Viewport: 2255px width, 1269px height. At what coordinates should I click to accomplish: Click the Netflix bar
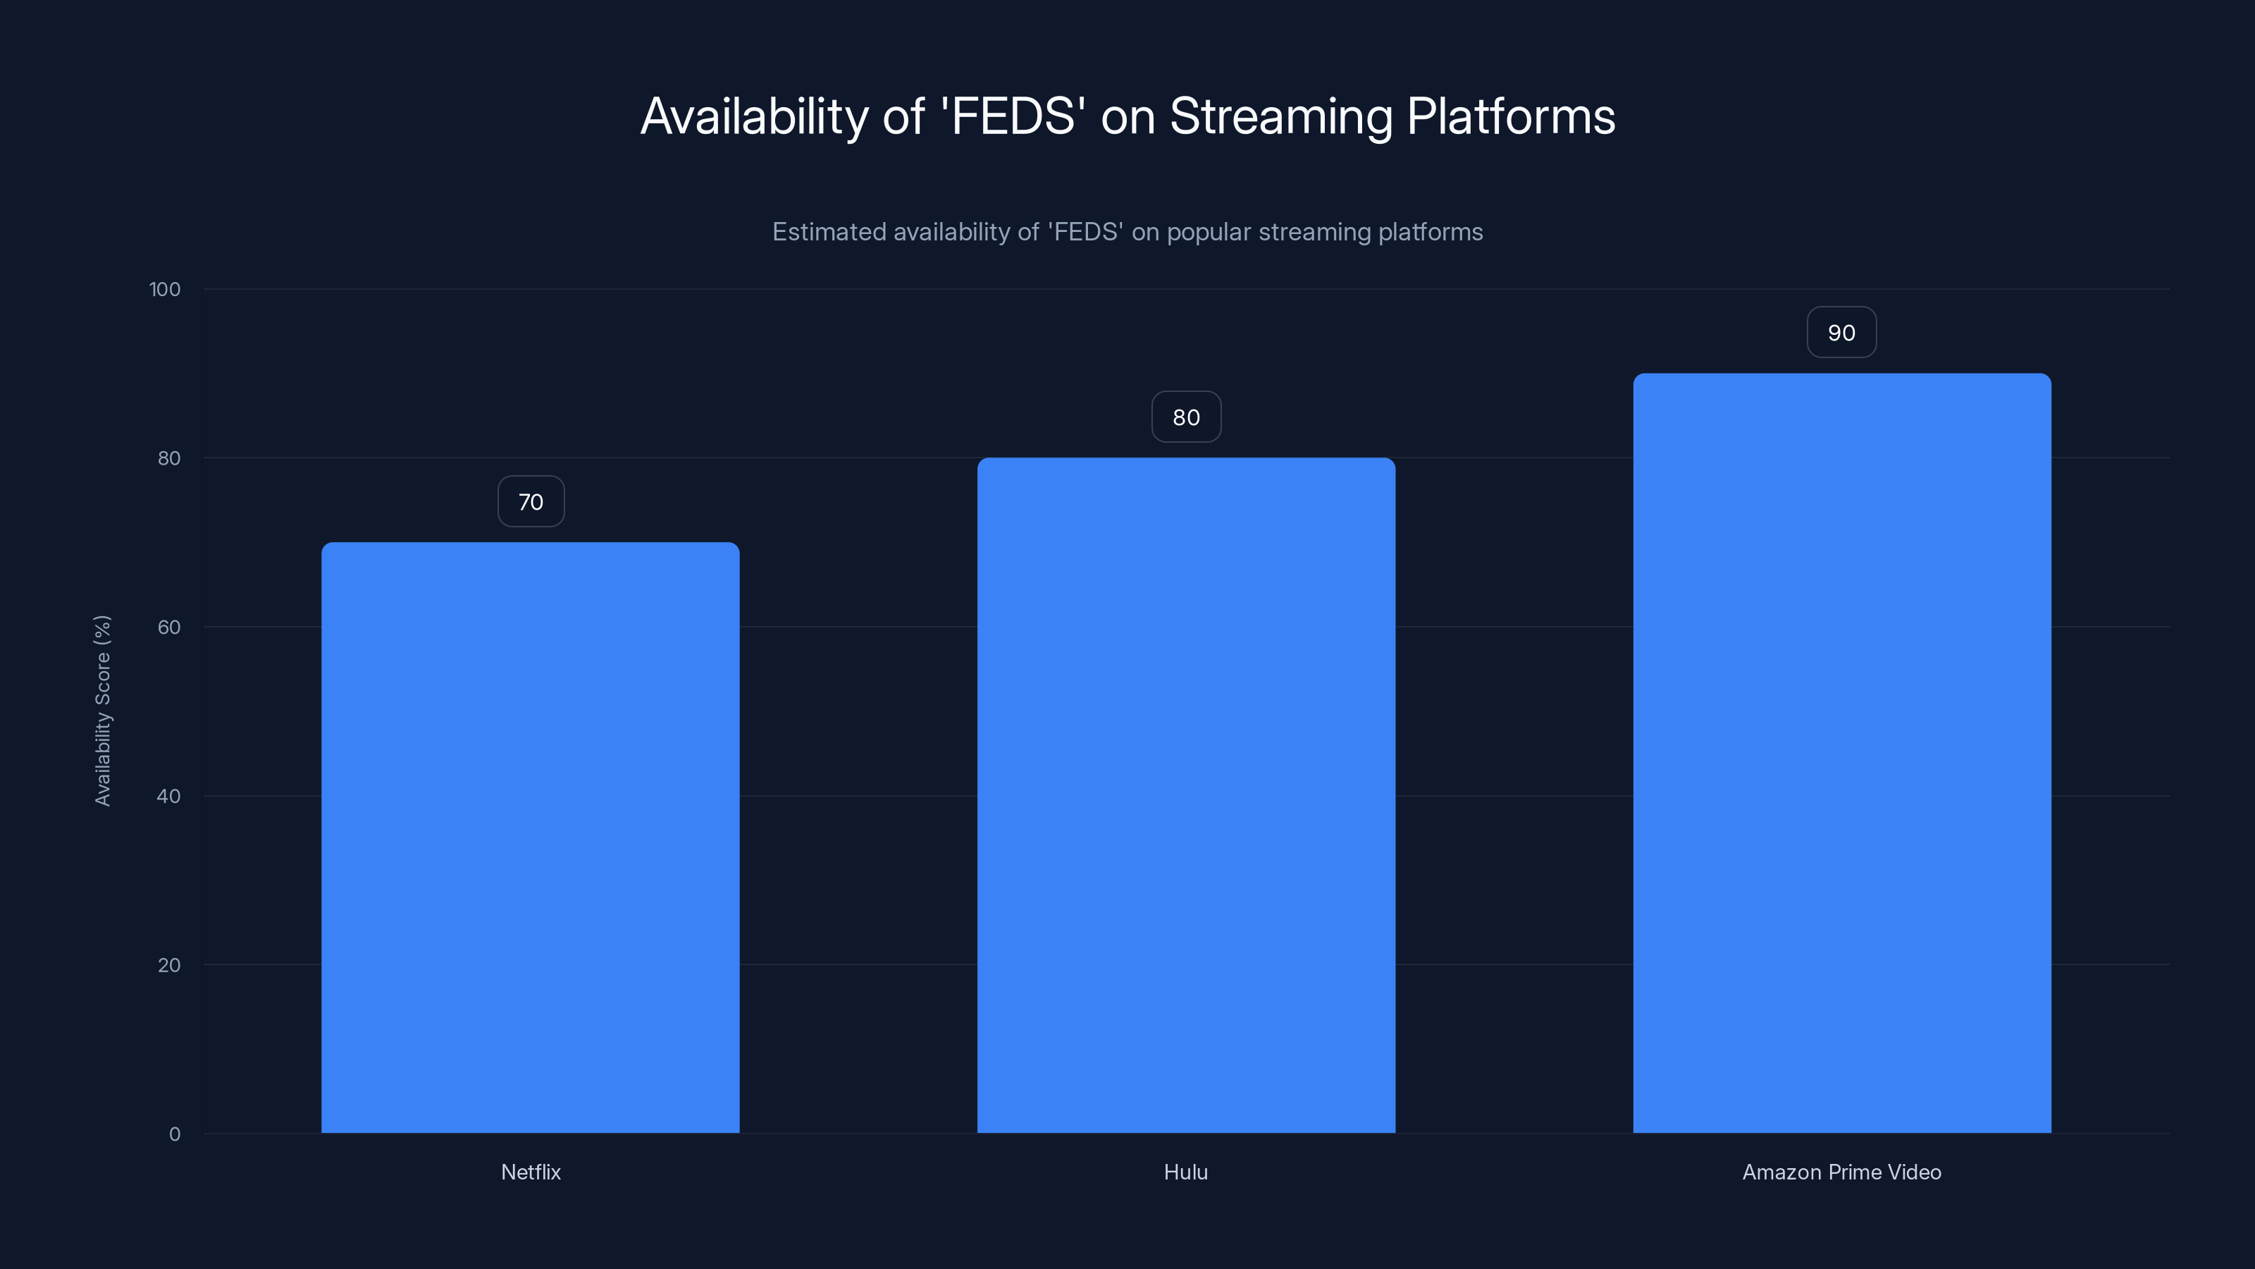[x=530, y=838]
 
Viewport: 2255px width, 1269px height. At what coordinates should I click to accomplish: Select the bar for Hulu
[x=1185, y=795]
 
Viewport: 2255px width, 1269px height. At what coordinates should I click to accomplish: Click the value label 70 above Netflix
[x=531, y=502]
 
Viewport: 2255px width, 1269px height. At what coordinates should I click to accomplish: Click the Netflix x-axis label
[x=531, y=1172]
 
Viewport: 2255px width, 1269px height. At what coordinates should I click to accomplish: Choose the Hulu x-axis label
[x=1185, y=1172]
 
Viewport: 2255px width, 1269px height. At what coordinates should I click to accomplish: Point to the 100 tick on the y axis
[x=165, y=289]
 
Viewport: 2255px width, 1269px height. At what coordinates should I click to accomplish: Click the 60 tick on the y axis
[x=169, y=627]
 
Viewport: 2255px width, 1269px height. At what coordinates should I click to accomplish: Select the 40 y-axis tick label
[x=169, y=796]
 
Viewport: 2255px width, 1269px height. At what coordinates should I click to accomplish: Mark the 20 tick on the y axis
[x=169, y=965]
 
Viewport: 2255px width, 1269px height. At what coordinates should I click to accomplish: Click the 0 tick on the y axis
[x=174, y=1134]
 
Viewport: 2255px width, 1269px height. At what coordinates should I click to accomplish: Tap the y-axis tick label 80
[x=169, y=458]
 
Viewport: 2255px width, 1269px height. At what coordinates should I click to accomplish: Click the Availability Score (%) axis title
[x=102, y=710]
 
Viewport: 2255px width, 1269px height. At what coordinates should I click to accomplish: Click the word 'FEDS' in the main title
[x=1013, y=116]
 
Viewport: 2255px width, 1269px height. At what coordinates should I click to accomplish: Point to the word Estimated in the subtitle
[x=828, y=232]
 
